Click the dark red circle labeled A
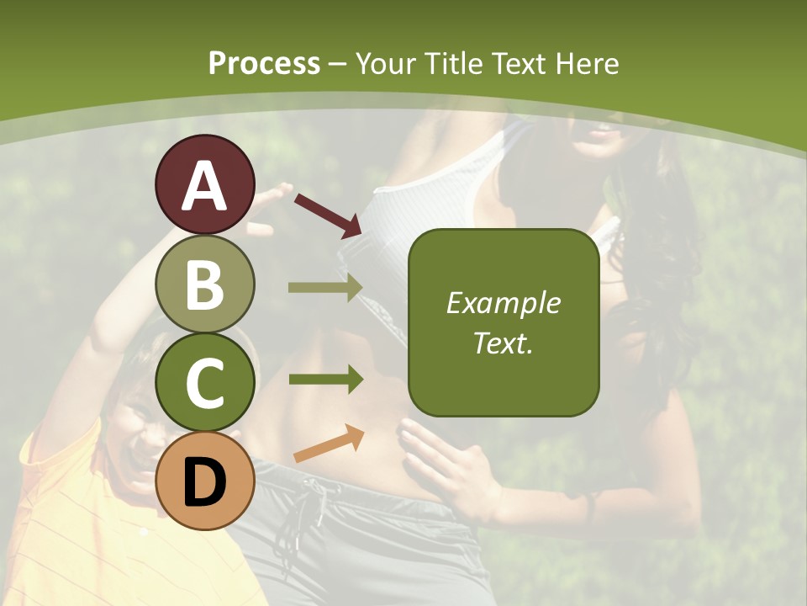coord(204,185)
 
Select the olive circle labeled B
coord(204,284)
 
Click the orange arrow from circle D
coord(329,444)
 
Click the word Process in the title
coord(264,63)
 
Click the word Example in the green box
coord(503,303)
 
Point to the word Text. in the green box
coord(503,343)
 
